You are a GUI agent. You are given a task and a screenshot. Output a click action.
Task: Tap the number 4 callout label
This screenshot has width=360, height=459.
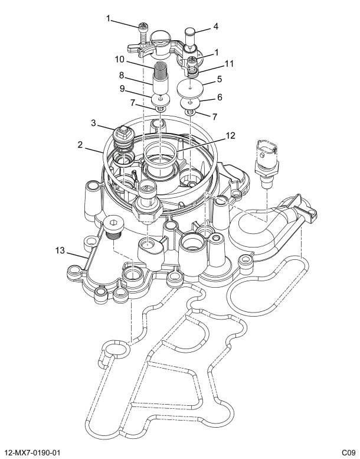coord(216,27)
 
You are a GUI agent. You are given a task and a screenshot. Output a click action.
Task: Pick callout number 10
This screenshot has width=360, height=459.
coord(119,59)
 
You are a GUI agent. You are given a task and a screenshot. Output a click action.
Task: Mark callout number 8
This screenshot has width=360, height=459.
coord(122,76)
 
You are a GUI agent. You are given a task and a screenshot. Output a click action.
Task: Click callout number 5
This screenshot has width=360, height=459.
coord(219,79)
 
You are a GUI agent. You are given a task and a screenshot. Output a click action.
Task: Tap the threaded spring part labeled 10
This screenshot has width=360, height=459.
coord(161,76)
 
